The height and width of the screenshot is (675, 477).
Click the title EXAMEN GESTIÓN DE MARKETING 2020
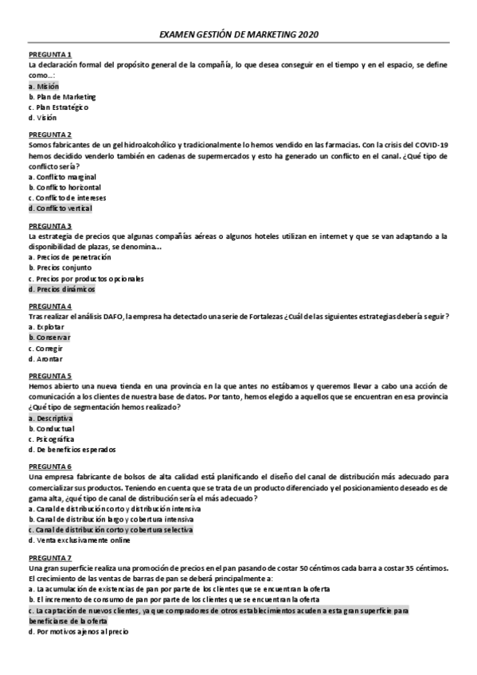(240, 35)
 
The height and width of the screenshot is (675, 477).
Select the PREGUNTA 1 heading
(49, 54)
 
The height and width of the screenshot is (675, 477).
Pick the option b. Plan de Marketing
(61, 96)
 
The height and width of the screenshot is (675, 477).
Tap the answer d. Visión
(43, 118)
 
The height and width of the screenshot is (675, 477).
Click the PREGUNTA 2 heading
(49, 135)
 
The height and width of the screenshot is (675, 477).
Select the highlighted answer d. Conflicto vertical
(60, 209)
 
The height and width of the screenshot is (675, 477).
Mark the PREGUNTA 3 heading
(49, 225)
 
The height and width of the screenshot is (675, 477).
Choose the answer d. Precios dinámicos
(61, 290)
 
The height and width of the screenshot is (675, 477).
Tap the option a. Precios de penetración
(69, 257)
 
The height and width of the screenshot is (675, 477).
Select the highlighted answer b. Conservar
(49, 337)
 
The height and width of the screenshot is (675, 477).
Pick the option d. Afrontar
(45, 359)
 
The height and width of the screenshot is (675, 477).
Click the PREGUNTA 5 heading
(49, 376)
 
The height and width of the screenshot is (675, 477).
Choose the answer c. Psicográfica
(52, 439)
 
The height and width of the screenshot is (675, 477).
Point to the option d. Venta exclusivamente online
(79, 540)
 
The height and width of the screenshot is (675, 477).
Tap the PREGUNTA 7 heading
(49, 557)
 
